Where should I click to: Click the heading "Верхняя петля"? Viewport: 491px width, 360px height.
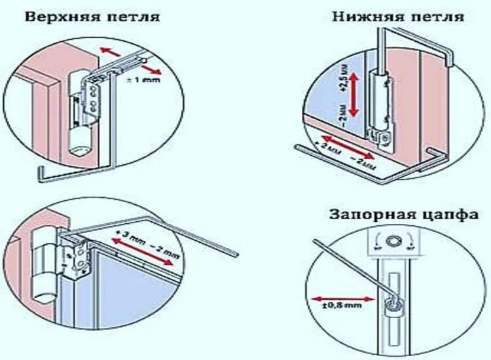coord(92,16)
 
